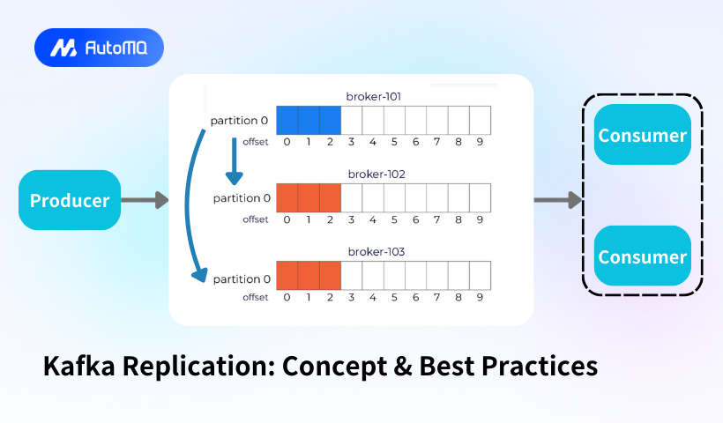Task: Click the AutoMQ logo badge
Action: pos(99,48)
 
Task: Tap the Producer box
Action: pos(70,200)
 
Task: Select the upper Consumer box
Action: pos(642,135)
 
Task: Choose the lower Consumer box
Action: pos(642,256)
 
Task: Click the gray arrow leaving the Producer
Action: pos(145,200)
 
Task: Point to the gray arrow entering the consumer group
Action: pos(558,200)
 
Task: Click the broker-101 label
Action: pos(374,96)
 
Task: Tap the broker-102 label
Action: pos(376,174)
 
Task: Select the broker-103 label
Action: pos(376,251)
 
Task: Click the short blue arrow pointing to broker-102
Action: pos(235,161)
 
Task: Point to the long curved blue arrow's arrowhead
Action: pos(200,275)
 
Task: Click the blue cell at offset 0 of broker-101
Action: pos(287,120)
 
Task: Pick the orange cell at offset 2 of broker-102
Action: pos(330,198)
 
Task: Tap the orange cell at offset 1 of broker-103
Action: pos(309,276)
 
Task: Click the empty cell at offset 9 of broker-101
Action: pos(480,120)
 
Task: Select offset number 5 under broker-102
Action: pos(394,219)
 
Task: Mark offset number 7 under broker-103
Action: pos(436,297)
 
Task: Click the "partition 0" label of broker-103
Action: pos(242,279)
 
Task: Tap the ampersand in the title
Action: pos(403,367)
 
